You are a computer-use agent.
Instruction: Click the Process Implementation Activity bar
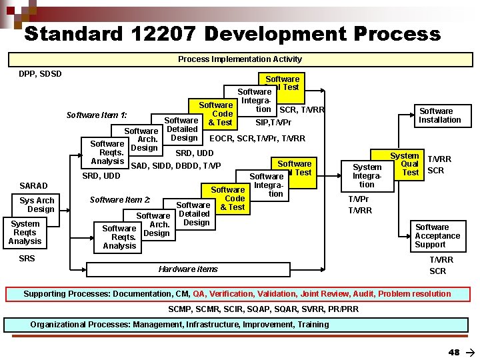[240, 59]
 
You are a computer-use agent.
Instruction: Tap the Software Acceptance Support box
[437, 236]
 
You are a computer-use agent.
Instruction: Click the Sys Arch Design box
[37, 205]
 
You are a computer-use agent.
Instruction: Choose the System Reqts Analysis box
[25, 232]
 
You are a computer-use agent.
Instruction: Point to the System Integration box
[367, 175]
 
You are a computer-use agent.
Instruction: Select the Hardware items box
[189, 269]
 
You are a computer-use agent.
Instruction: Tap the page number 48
[454, 352]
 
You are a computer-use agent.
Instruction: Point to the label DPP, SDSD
[40, 74]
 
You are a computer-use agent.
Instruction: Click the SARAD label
[33, 185]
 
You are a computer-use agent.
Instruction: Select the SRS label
[27, 258]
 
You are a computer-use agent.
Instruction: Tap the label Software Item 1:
[97, 115]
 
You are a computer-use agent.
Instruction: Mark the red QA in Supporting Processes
[199, 294]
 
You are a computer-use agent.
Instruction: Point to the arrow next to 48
[469, 352]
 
